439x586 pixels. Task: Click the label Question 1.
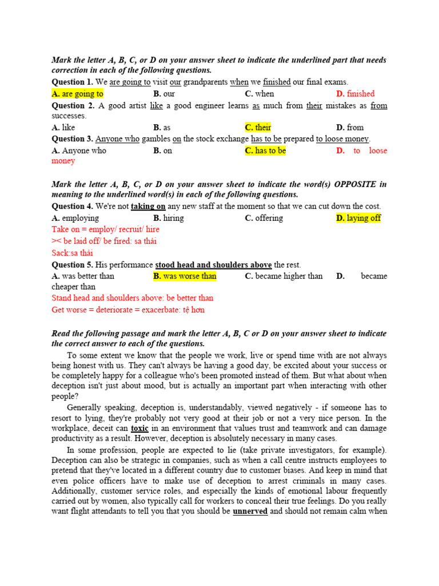point(73,82)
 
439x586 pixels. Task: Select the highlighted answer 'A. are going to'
point(77,94)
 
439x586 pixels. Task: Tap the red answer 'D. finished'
point(355,94)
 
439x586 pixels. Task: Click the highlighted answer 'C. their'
point(258,128)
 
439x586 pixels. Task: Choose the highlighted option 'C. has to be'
point(265,151)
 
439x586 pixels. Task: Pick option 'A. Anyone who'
point(79,151)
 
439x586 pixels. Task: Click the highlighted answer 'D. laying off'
point(358,218)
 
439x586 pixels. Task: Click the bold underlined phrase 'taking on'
point(148,207)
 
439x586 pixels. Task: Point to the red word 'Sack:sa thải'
point(73,253)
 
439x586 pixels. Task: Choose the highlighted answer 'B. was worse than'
point(185,276)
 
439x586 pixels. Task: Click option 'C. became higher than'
point(284,276)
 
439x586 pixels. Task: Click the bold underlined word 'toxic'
point(139,428)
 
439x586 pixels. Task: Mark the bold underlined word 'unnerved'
point(250,512)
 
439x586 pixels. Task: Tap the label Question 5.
point(73,265)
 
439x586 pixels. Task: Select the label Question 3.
point(73,139)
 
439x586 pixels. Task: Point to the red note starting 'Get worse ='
point(128,310)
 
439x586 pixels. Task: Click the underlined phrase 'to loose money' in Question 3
point(343,139)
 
